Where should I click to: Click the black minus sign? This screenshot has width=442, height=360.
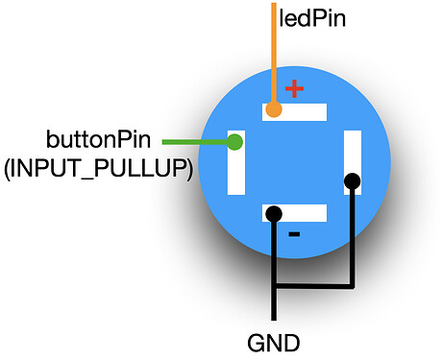click(x=294, y=234)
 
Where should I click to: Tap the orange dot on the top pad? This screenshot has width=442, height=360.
click(x=274, y=110)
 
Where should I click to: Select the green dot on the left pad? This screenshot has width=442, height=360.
click(x=233, y=143)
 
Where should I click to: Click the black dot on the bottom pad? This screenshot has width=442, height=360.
click(x=274, y=213)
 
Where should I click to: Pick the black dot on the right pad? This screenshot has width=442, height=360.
click(x=353, y=180)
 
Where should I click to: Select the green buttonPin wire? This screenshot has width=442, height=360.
click(x=197, y=143)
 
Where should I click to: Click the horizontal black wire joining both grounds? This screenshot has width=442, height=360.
click(x=313, y=285)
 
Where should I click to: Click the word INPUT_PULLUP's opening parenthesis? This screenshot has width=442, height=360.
click(x=9, y=170)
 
